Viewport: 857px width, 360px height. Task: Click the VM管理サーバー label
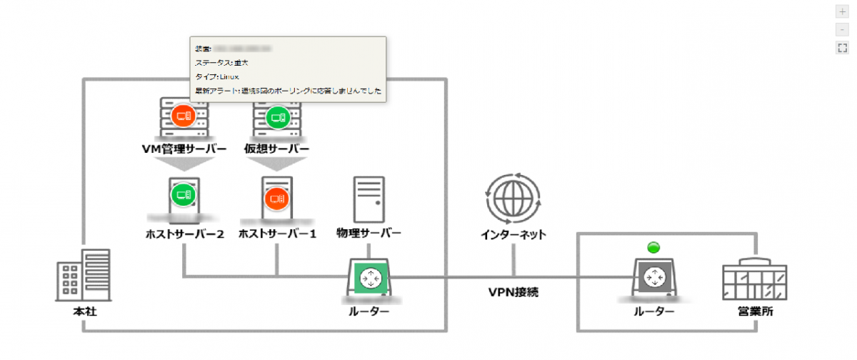[184, 149]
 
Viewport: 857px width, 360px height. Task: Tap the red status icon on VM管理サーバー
[182, 116]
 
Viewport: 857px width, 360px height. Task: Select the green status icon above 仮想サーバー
[276, 116]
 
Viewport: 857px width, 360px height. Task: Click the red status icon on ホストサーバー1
[276, 198]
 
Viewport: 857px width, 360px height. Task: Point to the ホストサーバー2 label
[184, 234]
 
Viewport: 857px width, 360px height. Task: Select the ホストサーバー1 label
[277, 234]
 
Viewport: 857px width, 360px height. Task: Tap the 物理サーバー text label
[369, 233]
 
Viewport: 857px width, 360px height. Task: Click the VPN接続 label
[513, 292]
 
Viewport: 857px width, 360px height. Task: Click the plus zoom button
[842, 12]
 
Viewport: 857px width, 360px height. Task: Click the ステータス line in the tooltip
[221, 63]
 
